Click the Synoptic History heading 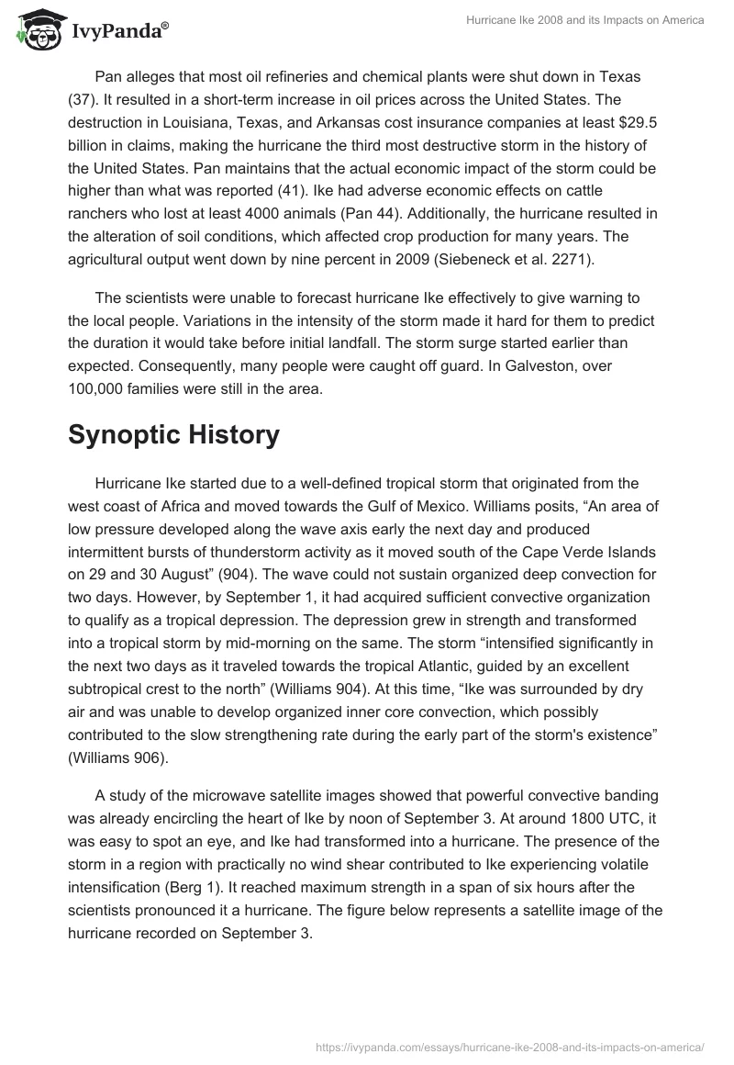[173, 434]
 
